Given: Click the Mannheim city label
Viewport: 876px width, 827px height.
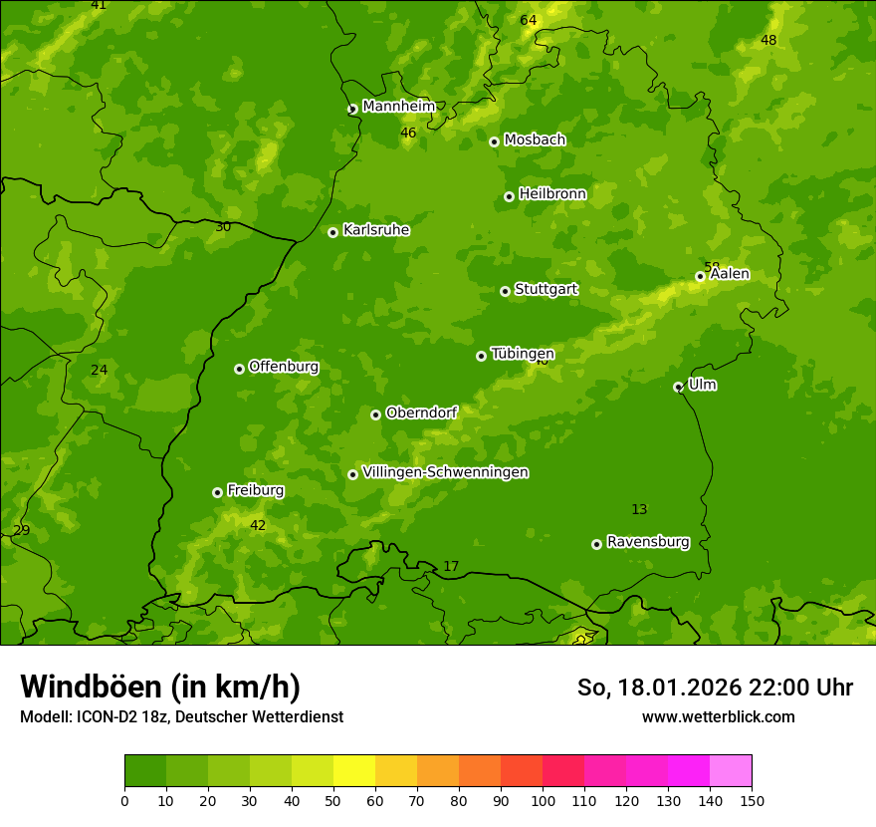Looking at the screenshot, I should (398, 107).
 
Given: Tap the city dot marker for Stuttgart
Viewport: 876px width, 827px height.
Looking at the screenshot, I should (505, 291).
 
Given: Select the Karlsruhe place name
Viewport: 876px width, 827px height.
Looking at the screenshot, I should (375, 230).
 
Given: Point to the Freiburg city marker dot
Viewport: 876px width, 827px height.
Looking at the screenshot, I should (217, 492).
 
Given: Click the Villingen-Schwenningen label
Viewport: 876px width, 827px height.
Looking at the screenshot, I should (445, 472).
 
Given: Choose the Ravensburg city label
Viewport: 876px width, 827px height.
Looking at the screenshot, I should (647, 542).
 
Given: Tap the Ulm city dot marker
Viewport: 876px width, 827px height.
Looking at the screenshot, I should (678, 387).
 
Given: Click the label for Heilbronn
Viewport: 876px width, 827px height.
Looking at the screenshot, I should (552, 194).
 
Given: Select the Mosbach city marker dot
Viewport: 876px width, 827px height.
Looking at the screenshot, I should (494, 141).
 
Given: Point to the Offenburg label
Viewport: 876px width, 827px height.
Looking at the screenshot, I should (284, 367).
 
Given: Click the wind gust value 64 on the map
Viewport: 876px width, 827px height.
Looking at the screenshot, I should (528, 21).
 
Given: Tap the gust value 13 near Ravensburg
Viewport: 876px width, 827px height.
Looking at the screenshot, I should (639, 510).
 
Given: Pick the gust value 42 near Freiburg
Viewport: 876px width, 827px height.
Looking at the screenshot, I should (258, 526).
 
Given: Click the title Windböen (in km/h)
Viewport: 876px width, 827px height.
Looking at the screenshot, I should (160, 687).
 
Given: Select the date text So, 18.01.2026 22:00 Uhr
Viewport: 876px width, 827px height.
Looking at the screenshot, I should (715, 688).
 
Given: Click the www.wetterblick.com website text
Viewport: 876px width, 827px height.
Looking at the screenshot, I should (718, 716).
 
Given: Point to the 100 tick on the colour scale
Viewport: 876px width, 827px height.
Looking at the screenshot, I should (543, 800).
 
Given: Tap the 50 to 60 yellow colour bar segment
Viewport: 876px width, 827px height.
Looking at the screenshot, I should (354, 771).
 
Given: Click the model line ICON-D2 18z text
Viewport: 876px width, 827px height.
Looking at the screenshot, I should (181, 716).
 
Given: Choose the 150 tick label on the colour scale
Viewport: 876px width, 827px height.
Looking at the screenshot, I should (752, 800).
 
